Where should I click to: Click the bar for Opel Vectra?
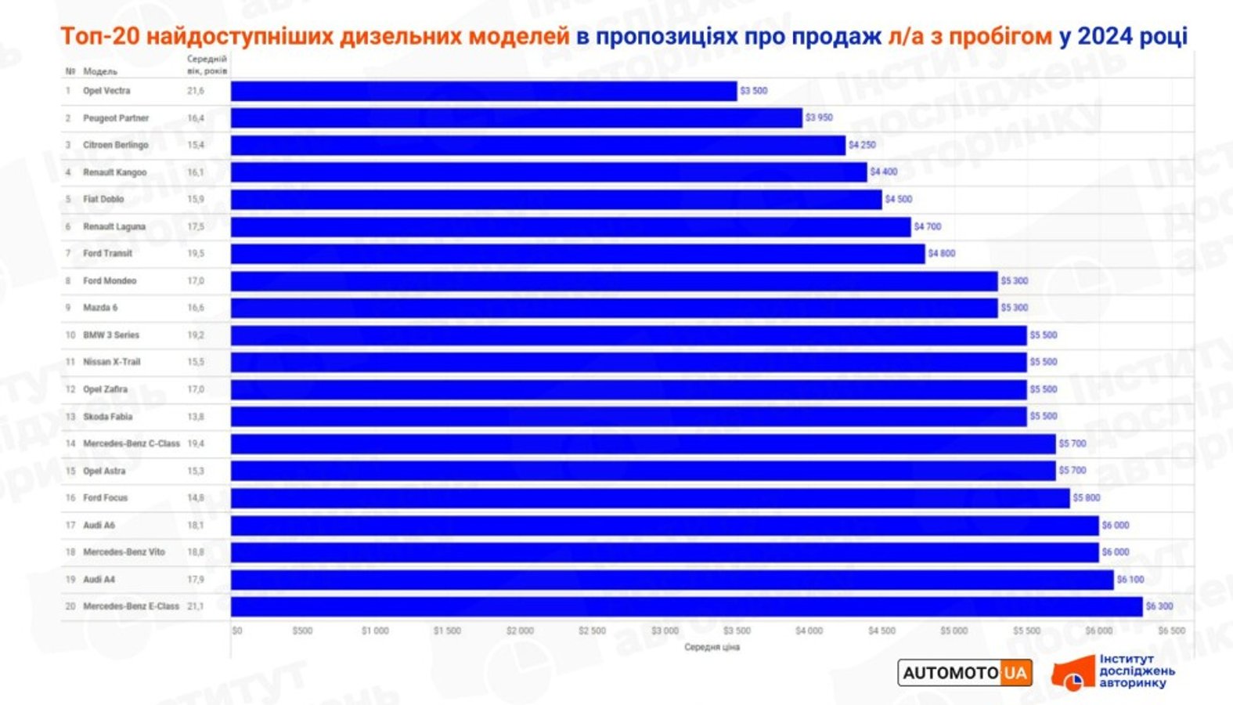click(484, 91)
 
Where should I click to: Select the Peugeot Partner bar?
click(517, 118)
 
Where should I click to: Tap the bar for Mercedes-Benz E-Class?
click(687, 606)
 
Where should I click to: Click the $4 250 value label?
click(862, 145)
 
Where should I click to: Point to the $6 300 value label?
click(1159, 606)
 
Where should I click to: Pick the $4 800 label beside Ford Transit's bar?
click(942, 254)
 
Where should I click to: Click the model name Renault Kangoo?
click(114, 172)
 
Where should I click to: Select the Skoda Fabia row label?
click(107, 417)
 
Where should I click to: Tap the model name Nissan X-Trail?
click(111, 362)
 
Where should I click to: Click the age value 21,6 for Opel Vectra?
click(195, 91)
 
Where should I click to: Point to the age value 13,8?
click(195, 417)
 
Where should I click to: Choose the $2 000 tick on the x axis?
click(520, 631)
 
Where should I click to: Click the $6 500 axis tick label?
click(1171, 631)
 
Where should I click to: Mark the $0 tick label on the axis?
click(237, 631)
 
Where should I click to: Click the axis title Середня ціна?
click(712, 647)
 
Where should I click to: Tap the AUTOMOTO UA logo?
click(964, 673)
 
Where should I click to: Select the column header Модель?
click(100, 71)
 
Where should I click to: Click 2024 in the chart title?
click(1104, 36)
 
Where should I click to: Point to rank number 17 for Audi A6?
click(70, 525)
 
